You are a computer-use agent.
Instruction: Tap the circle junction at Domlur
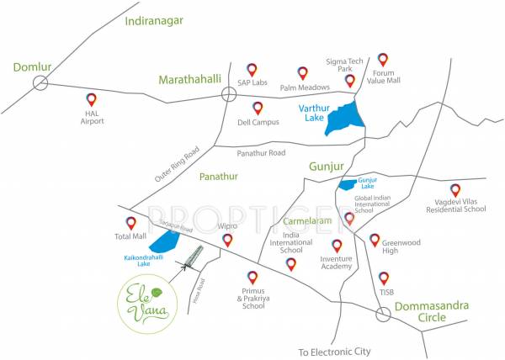(40, 82)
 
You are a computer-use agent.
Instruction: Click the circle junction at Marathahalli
(228, 95)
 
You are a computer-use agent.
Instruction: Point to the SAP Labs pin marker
(252, 69)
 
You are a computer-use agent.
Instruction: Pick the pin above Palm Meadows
(302, 73)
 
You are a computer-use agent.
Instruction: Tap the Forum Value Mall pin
(383, 59)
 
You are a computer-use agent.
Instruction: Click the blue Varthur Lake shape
(343, 118)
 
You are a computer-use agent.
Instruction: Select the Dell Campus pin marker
(258, 108)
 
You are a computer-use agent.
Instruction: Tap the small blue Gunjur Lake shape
(346, 184)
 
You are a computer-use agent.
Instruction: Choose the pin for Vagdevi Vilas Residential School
(455, 190)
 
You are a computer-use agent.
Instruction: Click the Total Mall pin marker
(130, 223)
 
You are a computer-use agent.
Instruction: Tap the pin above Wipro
(226, 241)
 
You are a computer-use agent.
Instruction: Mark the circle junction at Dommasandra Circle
(383, 314)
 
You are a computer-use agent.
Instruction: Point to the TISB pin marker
(384, 277)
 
